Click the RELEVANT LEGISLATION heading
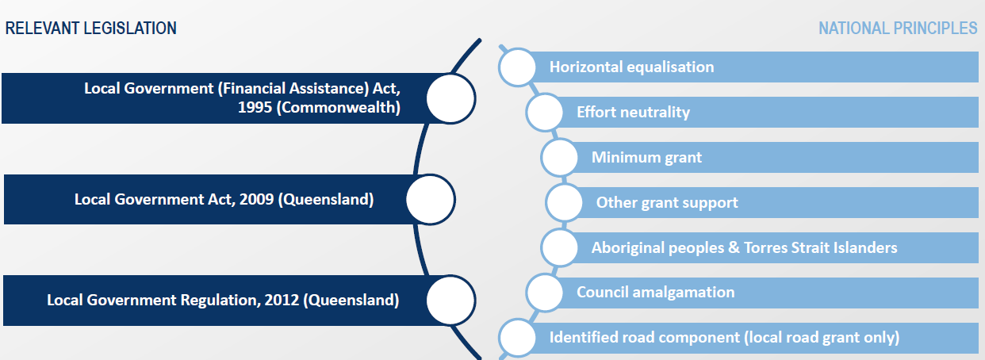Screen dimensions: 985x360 [x=90, y=28]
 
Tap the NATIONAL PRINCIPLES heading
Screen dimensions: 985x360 [x=898, y=28]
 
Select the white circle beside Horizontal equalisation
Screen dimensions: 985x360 [x=518, y=67]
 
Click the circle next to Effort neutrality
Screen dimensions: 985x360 [x=545, y=113]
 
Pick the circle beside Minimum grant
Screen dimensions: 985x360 [x=560, y=157]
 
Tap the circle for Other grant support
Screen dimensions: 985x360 [x=564, y=203]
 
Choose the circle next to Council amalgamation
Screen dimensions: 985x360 [x=545, y=293]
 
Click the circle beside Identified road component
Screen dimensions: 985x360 [x=518, y=338]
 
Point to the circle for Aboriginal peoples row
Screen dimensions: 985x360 [x=560, y=247]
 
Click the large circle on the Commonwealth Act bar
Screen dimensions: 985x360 [x=450, y=98]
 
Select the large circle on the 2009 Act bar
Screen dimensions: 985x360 [x=431, y=200]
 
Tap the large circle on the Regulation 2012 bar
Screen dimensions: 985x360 [x=450, y=301]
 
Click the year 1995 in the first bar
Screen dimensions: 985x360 [x=255, y=107]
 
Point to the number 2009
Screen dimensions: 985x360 [x=257, y=199]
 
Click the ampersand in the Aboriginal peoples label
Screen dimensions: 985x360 [x=734, y=247]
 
